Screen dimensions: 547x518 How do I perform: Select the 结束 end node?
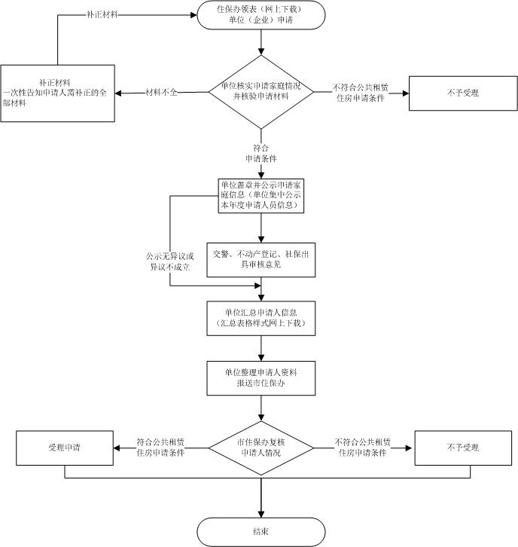point(261,531)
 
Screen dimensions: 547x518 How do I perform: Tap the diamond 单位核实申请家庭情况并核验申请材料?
point(261,93)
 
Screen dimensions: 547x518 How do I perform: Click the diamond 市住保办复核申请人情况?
point(261,448)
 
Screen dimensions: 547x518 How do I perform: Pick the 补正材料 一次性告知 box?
point(57,93)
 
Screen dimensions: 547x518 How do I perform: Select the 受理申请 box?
point(64,448)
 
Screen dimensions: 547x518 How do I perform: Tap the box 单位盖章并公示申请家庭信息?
point(261,194)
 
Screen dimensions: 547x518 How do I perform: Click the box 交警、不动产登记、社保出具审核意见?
point(261,258)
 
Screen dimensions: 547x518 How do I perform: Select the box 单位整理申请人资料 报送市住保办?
point(261,377)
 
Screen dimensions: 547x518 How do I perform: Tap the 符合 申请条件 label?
point(261,154)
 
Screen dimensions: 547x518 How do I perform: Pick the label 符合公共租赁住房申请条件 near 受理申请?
point(162,448)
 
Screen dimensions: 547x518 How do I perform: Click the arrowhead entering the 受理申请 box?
point(116,448)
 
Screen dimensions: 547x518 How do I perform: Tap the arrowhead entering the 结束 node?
point(261,513)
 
